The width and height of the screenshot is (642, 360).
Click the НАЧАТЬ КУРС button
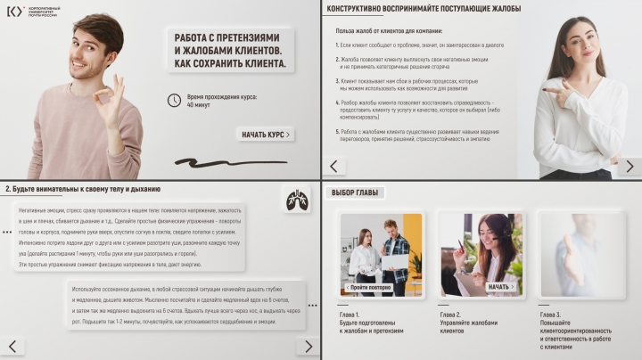(x=266, y=135)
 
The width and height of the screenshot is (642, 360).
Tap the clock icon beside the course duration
(x=175, y=101)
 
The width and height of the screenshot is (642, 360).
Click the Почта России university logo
(x=15, y=11)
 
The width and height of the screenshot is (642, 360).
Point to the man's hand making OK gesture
(x=110, y=100)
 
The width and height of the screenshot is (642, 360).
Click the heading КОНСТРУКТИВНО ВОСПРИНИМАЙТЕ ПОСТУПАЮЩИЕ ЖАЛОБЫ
(x=423, y=9)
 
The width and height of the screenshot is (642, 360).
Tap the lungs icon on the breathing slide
(x=297, y=201)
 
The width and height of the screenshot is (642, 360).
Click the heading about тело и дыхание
(x=81, y=189)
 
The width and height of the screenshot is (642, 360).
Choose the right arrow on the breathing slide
(x=307, y=346)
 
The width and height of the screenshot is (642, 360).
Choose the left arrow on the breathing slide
(x=12, y=346)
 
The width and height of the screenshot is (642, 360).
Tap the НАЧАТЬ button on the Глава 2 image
(x=501, y=287)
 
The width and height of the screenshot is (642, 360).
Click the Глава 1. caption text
(x=350, y=315)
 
